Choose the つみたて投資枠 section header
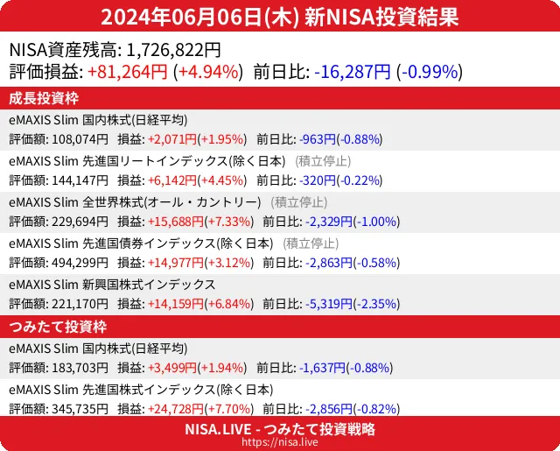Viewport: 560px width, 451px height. (57, 327)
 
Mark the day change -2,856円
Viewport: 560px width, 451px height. (326, 408)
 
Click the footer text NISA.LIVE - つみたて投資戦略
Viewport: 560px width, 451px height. (280, 429)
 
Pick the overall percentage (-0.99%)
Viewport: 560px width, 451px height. (430, 72)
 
